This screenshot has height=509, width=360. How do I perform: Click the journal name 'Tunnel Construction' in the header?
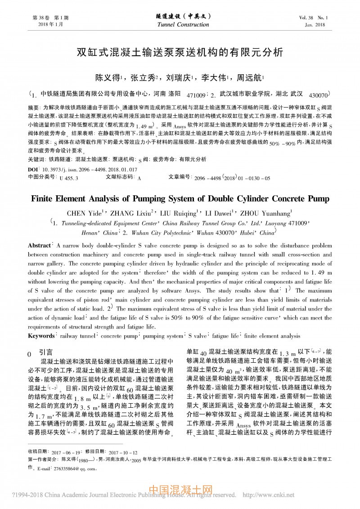[180, 25]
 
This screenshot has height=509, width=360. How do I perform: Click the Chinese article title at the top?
[180, 51]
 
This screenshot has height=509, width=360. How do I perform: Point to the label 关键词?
[36, 159]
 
